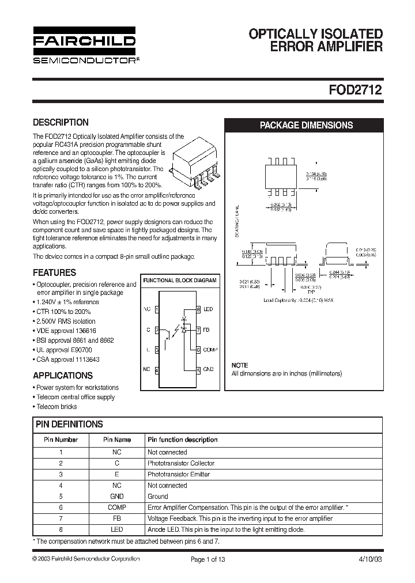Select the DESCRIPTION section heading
pos(61,122)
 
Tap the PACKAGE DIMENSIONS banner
pos(306,125)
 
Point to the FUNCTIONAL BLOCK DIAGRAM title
pos(180,281)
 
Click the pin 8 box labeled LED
pos(198,309)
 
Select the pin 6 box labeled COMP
pos(198,350)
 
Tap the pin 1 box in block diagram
pos(157,309)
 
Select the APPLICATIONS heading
pos(63,376)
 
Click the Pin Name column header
pos(117,440)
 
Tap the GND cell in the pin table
pos(117,496)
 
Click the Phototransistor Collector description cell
pos(181,463)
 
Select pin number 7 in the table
pos(61,518)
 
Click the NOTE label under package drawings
pos(240,365)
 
